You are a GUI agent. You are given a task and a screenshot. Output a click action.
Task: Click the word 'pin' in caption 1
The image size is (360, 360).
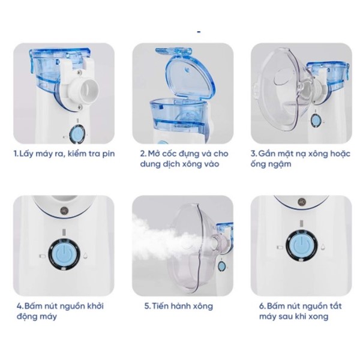(x=109, y=154)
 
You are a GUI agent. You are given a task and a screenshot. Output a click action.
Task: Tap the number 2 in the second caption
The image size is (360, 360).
(x=143, y=154)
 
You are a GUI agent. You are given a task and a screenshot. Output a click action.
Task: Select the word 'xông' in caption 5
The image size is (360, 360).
(x=203, y=306)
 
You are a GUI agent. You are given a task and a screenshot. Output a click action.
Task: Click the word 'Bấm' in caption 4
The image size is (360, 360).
(x=33, y=306)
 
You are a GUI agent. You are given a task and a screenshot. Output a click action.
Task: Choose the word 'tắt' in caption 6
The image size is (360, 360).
(x=335, y=306)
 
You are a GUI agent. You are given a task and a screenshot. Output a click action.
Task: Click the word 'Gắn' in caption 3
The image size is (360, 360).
(x=267, y=154)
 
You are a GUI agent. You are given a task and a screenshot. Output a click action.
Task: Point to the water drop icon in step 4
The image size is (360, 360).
(x=86, y=256)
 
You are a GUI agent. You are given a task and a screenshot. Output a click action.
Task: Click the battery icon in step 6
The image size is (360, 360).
(x=280, y=248)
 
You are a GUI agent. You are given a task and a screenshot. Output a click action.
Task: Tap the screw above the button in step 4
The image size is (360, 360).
(x=63, y=210)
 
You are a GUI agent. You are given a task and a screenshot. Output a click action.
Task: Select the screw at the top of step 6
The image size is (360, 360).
(x=302, y=202)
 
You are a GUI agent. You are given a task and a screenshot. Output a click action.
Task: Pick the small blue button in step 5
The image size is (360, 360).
(x=221, y=266)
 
